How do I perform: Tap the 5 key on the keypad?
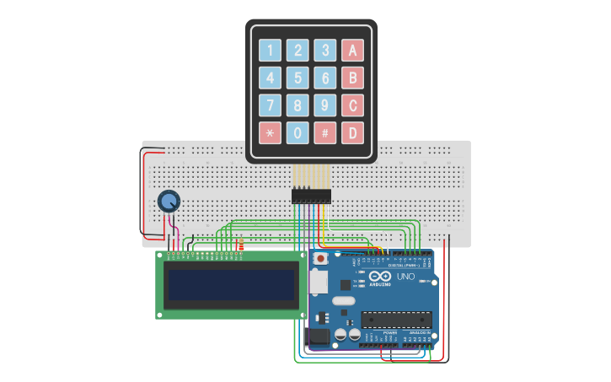pyautogui.click(x=297, y=78)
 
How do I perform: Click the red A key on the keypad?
pyautogui.click(x=352, y=50)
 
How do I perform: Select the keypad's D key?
pyautogui.click(x=352, y=132)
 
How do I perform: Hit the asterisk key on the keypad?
pyautogui.click(x=270, y=132)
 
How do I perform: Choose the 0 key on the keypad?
pyautogui.click(x=297, y=132)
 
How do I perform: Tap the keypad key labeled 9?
pyautogui.click(x=325, y=105)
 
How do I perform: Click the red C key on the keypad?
pyautogui.click(x=352, y=105)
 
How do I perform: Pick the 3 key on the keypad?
pyautogui.click(x=325, y=50)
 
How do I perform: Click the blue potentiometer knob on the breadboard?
pyautogui.click(x=169, y=201)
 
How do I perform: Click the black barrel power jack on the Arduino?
pyautogui.click(x=319, y=336)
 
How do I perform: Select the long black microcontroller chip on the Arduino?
pyautogui.click(x=397, y=320)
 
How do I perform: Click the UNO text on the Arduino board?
pyautogui.click(x=405, y=277)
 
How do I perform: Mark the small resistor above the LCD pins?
pyautogui.click(x=241, y=245)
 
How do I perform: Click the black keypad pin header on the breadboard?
pyautogui.click(x=311, y=196)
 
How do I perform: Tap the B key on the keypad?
pyautogui.click(x=352, y=78)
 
